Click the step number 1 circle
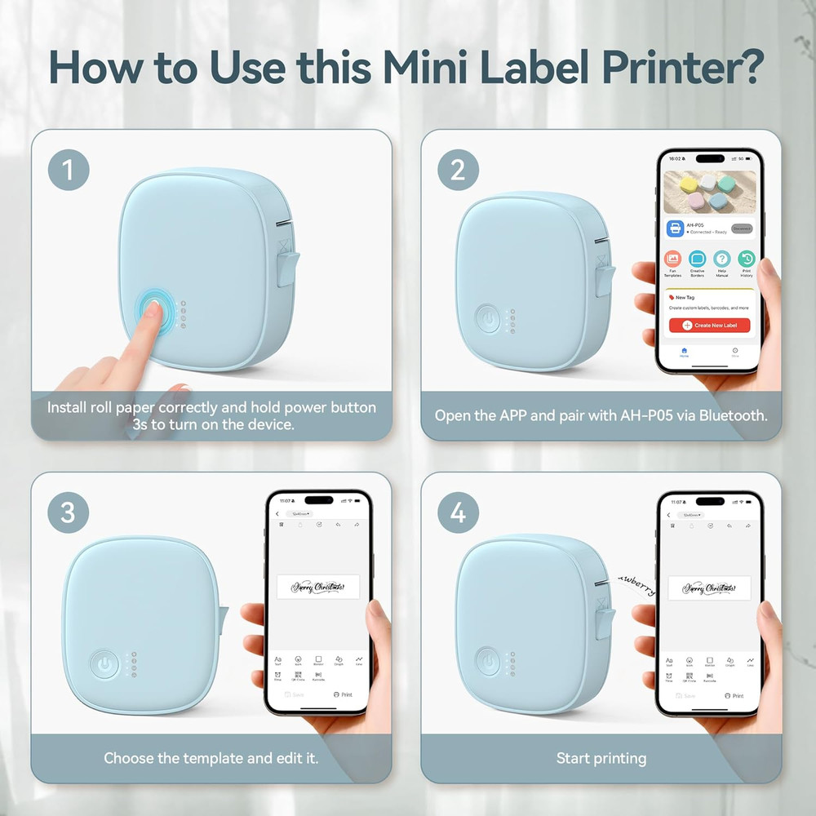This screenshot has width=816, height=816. point(68,170)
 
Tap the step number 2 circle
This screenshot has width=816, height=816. point(458,170)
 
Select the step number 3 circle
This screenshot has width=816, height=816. point(68,512)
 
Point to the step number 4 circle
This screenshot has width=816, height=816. point(458,512)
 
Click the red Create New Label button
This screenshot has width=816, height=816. point(708,325)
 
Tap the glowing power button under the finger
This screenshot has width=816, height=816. point(154,312)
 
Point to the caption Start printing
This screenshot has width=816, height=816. point(601,758)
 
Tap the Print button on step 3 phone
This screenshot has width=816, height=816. point(343,694)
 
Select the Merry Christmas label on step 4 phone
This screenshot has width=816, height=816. point(709,588)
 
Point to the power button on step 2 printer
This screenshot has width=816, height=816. point(488,320)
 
